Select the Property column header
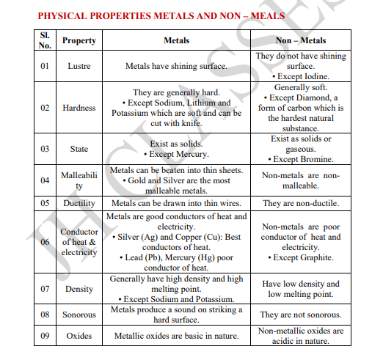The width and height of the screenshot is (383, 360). [x=79, y=41]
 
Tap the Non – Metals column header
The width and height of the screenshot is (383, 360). [x=301, y=41]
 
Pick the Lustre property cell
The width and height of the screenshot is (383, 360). [x=79, y=66]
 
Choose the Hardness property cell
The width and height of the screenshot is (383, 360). [x=79, y=108]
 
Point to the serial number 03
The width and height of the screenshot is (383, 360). [x=45, y=149]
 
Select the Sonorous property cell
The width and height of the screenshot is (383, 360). [x=79, y=315]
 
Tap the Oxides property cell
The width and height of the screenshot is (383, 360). [x=79, y=336]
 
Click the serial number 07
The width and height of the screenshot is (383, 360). [x=45, y=289]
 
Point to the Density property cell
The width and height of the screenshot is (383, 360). [x=79, y=289]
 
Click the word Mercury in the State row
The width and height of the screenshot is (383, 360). [x=191, y=155]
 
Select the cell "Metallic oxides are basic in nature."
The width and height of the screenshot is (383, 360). [x=176, y=336]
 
